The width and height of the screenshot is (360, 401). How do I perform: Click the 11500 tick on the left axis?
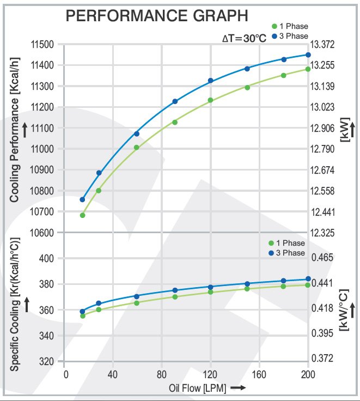(43, 45)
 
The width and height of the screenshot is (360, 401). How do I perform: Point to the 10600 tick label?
(43, 233)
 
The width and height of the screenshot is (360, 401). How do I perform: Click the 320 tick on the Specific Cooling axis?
(50, 361)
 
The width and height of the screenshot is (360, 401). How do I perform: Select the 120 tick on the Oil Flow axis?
(210, 375)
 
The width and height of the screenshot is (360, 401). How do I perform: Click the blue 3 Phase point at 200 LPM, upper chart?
(308, 54)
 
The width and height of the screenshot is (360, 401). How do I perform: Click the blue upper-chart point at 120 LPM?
(210, 81)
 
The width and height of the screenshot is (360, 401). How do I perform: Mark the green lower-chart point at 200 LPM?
(308, 285)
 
